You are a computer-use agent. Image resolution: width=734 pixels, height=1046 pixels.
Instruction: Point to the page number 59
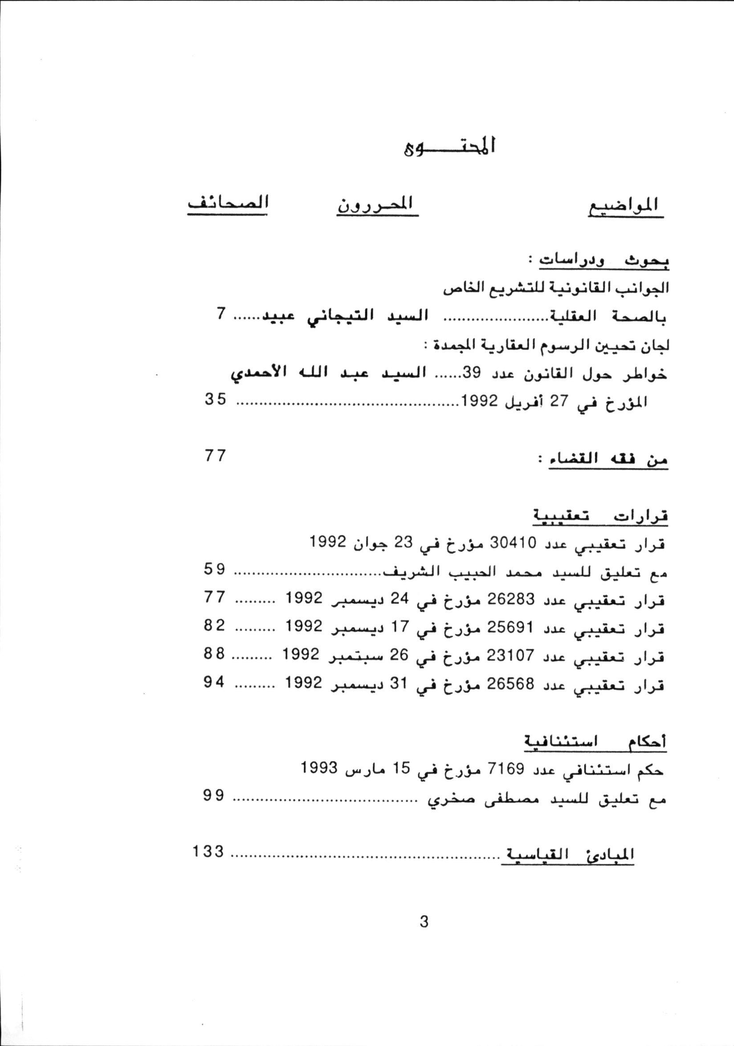click(215, 570)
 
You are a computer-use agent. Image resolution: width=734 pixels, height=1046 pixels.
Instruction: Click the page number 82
click(215, 626)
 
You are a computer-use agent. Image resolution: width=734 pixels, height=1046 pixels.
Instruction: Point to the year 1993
click(320, 768)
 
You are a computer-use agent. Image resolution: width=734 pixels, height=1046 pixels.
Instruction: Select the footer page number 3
click(424, 922)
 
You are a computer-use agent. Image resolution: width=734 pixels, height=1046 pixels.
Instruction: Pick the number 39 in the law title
click(472, 373)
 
